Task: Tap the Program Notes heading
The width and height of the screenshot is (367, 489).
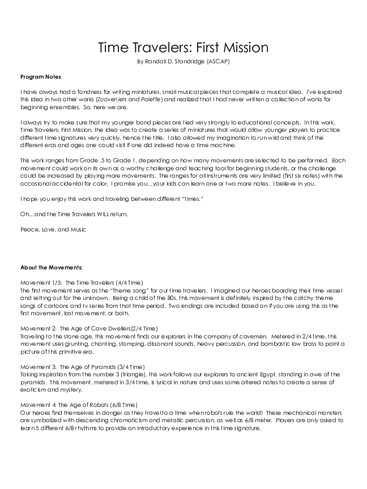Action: click(40, 76)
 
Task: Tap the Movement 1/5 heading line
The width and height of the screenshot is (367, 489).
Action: click(82, 282)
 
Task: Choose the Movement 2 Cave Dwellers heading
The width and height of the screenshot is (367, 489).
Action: click(89, 329)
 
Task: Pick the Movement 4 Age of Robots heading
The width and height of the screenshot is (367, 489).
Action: click(79, 405)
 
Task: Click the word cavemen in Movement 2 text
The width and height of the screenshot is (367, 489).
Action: click(259, 336)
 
